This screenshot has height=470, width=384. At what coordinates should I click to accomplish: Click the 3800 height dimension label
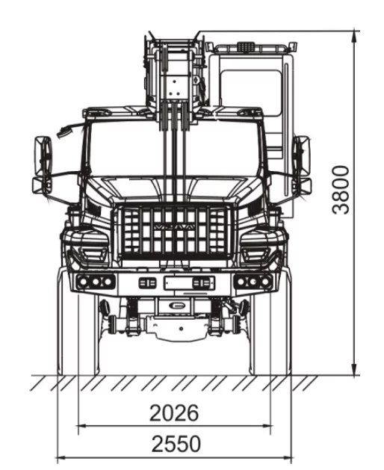(x=341, y=190)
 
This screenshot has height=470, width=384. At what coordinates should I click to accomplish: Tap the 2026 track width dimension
(x=174, y=412)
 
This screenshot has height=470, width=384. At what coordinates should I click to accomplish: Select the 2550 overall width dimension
(x=176, y=444)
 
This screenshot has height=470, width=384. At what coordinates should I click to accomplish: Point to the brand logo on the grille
(x=175, y=227)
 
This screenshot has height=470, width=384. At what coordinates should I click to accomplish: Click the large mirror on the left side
(x=43, y=156)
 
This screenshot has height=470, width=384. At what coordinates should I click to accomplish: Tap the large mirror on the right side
(x=302, y=156)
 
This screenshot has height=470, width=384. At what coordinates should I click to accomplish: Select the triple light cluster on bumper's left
(x=96, y=282)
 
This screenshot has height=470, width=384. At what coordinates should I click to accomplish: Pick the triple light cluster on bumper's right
(x=253, y=282)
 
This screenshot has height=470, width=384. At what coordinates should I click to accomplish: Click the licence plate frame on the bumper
(x=189, y=283)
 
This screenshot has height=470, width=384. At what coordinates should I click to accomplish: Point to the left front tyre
(x=78, y=334)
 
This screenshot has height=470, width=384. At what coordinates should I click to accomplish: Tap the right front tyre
(x=270, y=334)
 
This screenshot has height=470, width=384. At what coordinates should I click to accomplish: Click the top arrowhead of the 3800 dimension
(x=355, y=37)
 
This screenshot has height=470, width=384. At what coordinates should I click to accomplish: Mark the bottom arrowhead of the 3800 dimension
(x=355, y=369)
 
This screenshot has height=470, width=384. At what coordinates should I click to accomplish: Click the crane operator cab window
(x=250, y=91)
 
